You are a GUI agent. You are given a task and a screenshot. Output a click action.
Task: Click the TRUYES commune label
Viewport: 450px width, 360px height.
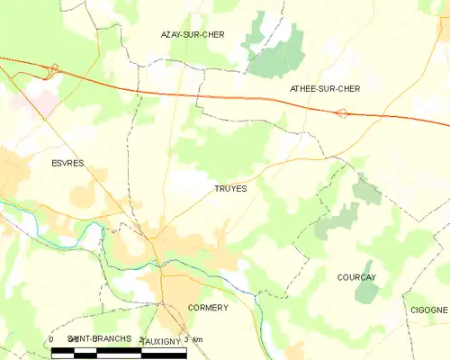230,189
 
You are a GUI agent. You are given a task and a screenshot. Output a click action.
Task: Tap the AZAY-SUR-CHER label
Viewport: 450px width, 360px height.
192,34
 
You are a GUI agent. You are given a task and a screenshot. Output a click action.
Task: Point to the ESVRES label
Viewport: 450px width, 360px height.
55,164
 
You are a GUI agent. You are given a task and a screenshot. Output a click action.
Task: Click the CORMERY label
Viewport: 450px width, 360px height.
208,308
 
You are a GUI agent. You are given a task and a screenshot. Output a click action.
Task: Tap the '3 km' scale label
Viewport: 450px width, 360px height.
192,339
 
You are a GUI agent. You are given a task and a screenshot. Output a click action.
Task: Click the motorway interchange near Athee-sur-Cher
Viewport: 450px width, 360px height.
341,113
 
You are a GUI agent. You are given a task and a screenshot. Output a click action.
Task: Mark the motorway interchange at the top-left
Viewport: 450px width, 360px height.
53,67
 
